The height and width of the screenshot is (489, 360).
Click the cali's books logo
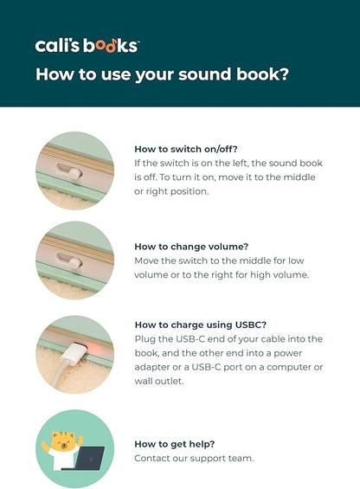point(87,46)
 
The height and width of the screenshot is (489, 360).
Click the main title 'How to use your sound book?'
point(162,74)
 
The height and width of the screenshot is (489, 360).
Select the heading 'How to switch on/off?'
point(186,149)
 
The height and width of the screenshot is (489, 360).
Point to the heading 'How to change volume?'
point(191,247)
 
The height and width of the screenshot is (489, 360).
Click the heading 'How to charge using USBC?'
point(201,325)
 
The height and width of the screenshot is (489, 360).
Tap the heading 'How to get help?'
point(175,444)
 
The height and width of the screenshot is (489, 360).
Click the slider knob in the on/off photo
point(74,174)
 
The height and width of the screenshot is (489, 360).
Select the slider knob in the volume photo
point(75,263)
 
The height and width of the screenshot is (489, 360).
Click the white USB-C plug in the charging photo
point(73,353)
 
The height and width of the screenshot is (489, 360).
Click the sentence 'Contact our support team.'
point(194,458)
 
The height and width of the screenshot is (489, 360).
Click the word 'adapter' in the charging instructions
point(152,367)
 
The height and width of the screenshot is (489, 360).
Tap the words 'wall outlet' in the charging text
point(158,381)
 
